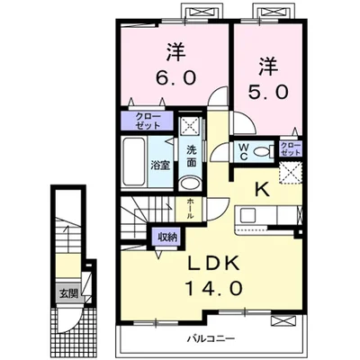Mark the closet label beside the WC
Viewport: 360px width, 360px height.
click(x=290, y=148)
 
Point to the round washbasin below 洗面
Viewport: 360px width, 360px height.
click(x=191, y=182)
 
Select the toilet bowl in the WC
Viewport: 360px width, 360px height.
click(x=264, y=151)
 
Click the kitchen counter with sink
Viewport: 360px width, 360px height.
click(x=270, y=218)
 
